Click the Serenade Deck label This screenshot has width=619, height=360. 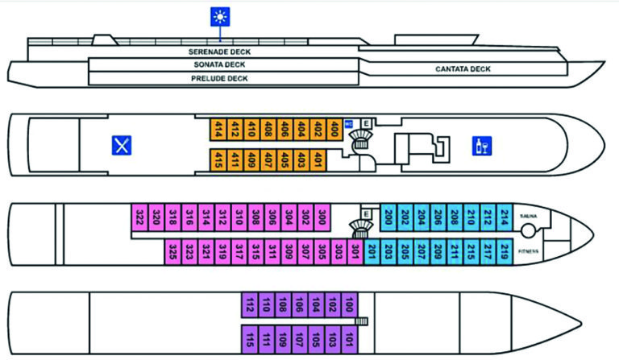(x=219, y=51)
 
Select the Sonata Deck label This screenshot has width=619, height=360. (x=219, y=64)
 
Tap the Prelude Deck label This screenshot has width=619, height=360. (x=219, y=78)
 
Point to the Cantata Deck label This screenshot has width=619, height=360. (x=463, y=69)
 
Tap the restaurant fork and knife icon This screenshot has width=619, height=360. (x=122, y=145)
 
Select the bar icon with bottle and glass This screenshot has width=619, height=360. (x=482, y=146)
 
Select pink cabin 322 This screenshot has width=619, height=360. (x=139, y=217)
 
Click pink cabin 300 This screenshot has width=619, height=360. (x=322, y=217)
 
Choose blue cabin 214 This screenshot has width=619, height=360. (x=505, y=217)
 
